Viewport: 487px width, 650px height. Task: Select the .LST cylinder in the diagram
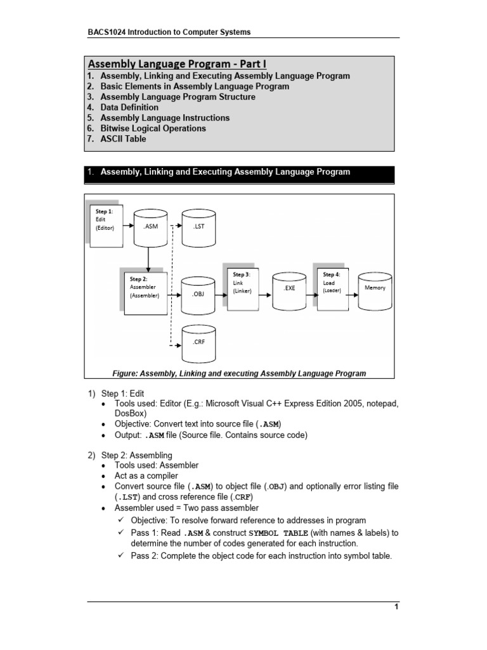tap(198, 227)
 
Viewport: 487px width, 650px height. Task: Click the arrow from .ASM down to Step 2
tap(147, 258)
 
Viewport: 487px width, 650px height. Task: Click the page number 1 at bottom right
tap(396, 607)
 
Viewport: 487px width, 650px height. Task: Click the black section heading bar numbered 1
tap(240, 173)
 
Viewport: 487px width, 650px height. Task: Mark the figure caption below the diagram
tap(239, 373)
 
